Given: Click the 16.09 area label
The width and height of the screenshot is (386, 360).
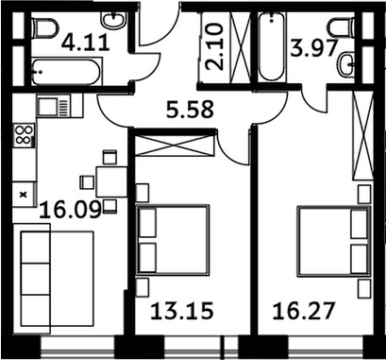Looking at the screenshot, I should tap(64, 207).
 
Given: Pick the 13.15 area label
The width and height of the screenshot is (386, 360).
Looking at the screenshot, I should tap(176, 310).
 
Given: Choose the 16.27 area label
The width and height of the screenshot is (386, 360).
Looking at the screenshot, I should tap(296, 310).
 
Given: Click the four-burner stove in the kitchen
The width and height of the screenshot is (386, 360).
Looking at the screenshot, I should tap(25, 136).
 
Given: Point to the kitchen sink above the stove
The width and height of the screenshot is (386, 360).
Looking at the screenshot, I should tap(49, 105).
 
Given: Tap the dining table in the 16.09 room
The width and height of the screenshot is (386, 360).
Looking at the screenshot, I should tap(109, 180).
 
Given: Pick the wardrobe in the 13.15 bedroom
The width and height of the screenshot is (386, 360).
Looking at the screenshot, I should tap(176, 146).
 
